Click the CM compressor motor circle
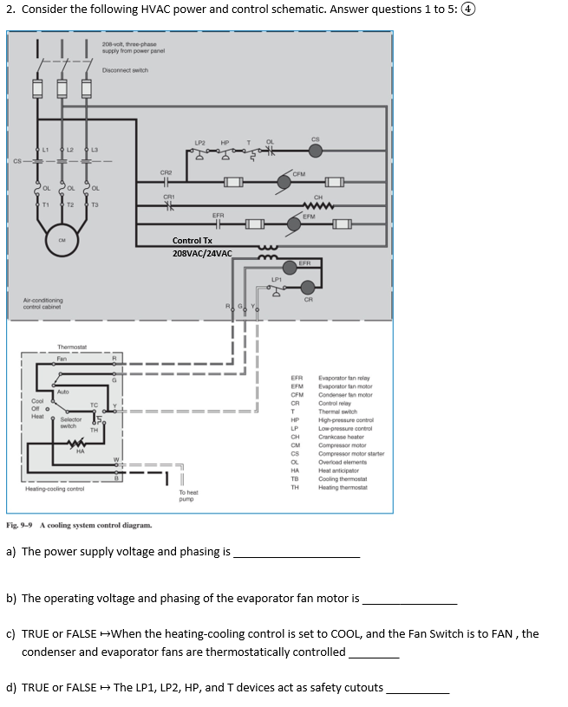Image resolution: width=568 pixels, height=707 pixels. click(61, 241)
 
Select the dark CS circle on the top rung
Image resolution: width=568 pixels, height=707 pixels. click(316, 151)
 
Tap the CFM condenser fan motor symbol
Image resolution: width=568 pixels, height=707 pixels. click(284, 182)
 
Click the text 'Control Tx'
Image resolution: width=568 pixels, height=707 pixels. click(192, 241)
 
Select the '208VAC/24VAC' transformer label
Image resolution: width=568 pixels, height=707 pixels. click(202, 253)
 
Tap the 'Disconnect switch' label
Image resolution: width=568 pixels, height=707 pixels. click(125, 70)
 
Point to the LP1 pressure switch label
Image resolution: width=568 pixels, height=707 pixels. click(276, 279)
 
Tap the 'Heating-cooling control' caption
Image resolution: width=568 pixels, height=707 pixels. click(53, 489)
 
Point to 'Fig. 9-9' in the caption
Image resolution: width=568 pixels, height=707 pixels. click(19, 525)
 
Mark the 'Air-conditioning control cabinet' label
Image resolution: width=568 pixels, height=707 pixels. click(42, 304)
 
